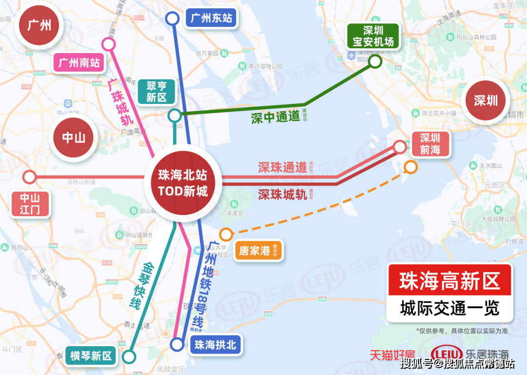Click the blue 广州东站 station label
click(x=211, y=19)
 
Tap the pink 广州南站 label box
click(x=79, y=63)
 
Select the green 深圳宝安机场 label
click(x=373, y=36)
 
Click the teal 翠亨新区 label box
click(x=156, y=91)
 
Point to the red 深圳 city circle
click(x=486, y=100)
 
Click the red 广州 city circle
click(x=39, y=25)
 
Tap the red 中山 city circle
click(x=74, y=138)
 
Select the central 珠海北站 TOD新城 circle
click(x=183, y=183)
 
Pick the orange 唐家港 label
click(x=258, y=251)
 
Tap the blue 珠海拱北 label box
click(x=215, y=345)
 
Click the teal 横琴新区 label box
click(x=91, y=356)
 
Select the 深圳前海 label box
click(x=430, y=144)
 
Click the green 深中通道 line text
click(x=275, y=118)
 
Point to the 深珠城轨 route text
click(x=283, y=195)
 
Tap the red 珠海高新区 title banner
click(x=449, y=281)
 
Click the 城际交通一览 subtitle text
click(x=449, y=308)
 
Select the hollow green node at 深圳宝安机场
click(x=375, y=61)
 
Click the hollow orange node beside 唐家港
click(x=226, y=235)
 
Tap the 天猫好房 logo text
click(x=392, y=355)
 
